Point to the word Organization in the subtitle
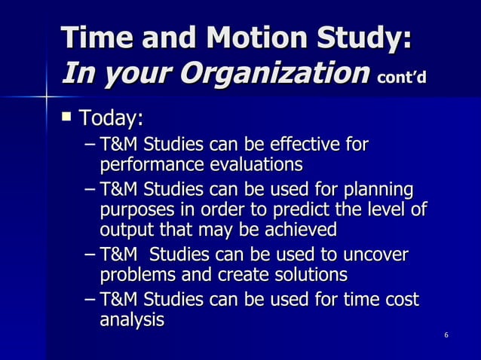coord(261,74)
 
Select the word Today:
coord(110,119)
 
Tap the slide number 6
coord(447,334)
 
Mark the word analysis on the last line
coord(132,319)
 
